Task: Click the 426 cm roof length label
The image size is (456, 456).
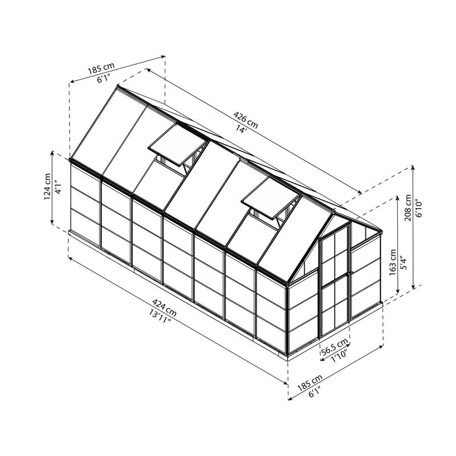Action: [x=246, y=120]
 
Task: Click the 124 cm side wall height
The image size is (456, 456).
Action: [x=47, y=186]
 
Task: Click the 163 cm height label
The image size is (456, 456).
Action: [x=393, y=262]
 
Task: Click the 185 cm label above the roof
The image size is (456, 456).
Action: [x=101, y=70]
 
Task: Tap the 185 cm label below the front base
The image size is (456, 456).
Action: [x=310, y=382]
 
